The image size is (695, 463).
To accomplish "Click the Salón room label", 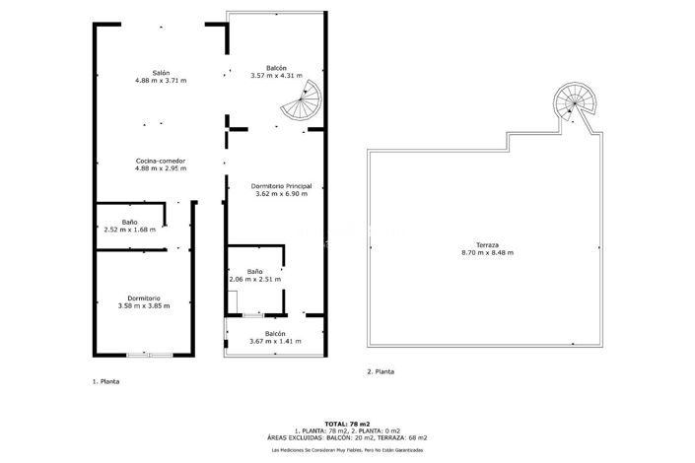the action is [x=161, y=73].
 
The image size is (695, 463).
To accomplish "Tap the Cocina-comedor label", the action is [x=161, y=162].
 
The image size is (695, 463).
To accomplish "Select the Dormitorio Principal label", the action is [x=282, y=186].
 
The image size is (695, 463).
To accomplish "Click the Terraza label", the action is [x=488, y=245].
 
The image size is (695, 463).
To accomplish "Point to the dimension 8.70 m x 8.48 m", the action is [x=488, y=253].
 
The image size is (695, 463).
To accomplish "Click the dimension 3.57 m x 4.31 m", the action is [x=277, y=76].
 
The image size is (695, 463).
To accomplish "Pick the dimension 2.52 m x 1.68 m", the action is [x=130, y=230].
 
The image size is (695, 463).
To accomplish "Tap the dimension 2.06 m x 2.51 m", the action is [x=255, y=280].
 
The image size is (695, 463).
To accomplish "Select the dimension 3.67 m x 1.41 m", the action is [x=275, y=342].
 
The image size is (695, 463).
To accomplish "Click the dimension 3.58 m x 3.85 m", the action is [x=144, y=306].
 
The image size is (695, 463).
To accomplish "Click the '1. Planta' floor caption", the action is [x=105, y=381].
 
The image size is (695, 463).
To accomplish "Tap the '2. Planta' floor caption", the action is [x=381, y=371].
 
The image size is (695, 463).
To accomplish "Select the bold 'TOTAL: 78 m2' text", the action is [x=347, y=424].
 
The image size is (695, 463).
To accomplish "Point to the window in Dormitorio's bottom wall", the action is [x=150, y=355].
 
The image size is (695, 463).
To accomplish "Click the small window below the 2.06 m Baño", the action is [x=253, y=315].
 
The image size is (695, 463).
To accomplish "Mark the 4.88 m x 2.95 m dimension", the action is [x=161, y=168].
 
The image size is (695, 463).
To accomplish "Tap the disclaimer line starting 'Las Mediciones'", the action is [x=347, y=450].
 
